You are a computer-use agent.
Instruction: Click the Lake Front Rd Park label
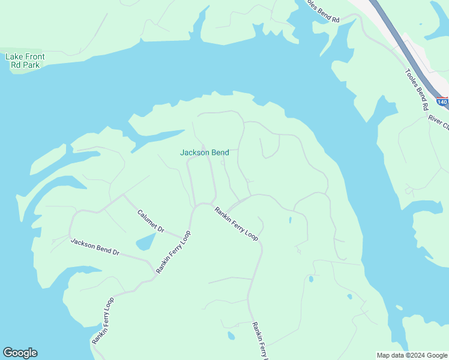click(x=25, y=61)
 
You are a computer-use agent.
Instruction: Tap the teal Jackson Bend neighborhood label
click(x=204, y=152)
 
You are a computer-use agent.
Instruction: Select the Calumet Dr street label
click(x=151, y=221)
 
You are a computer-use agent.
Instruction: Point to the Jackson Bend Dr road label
click(x=95, y=247)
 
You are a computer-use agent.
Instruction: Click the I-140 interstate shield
click(x=442, y=103)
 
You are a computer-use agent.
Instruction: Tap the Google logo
click(x=20, y=353)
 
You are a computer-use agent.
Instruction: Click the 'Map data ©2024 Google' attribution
click(x=411, y=355)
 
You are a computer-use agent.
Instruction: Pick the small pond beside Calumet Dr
click(x=144, y=242)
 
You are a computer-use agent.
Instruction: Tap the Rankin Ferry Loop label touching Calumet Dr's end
click(x=173, y=252)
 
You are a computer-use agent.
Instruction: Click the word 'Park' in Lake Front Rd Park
click(x=30, y=65)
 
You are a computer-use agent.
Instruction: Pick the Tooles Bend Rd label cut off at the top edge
click(x=323, y=11)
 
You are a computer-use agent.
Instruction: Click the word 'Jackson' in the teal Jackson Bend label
click(x=194, y=152)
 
